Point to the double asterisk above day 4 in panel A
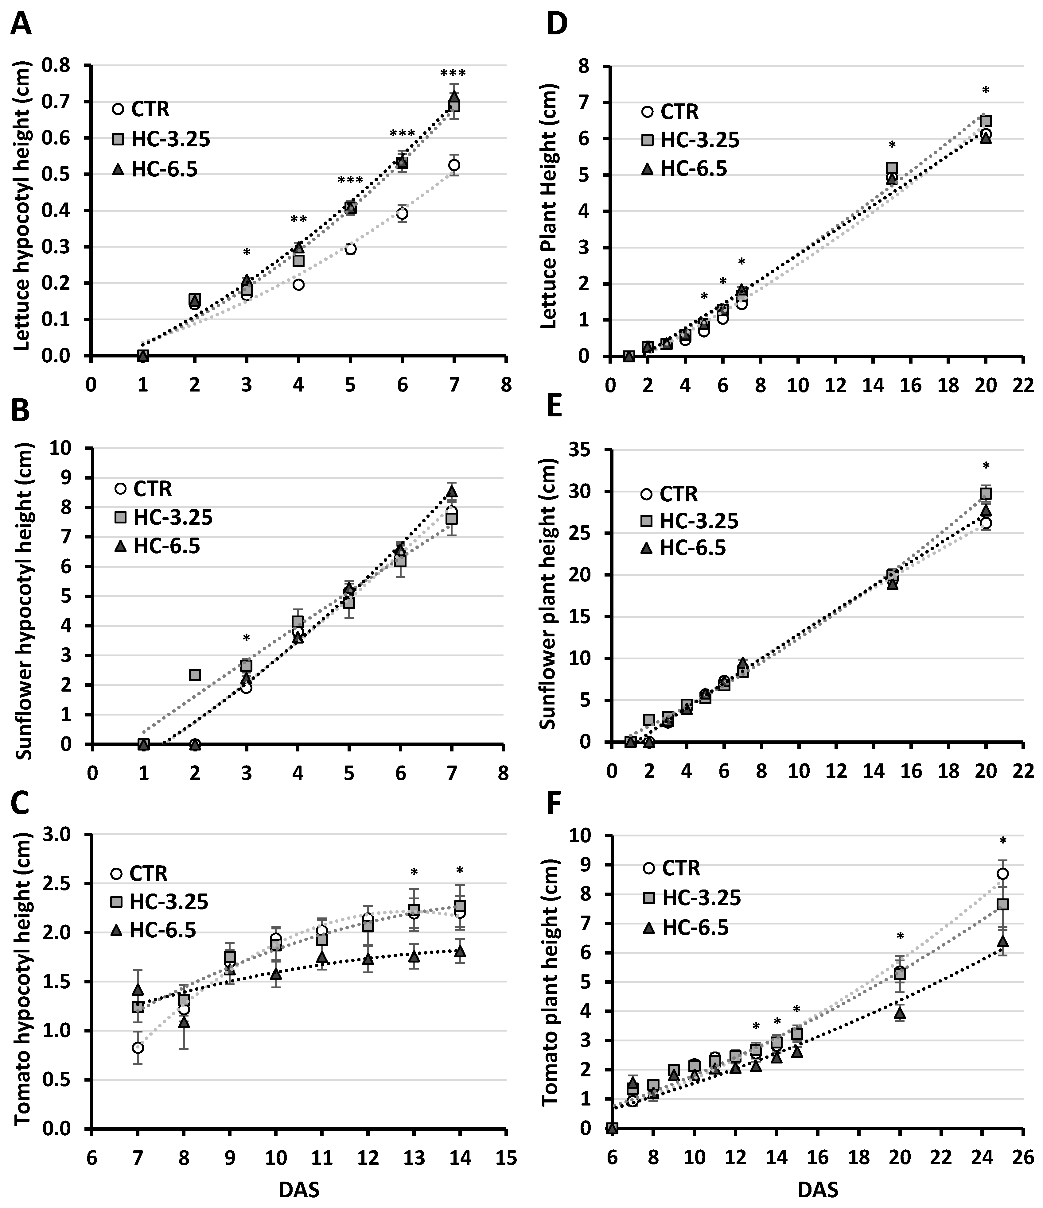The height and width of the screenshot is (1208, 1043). pyautogui.click(x=299, y=220)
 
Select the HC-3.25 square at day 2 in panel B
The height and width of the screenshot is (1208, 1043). pyautogui.click(x=195, y=674)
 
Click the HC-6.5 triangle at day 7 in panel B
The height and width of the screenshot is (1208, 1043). pyautogui.click(x=452, y=492)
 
